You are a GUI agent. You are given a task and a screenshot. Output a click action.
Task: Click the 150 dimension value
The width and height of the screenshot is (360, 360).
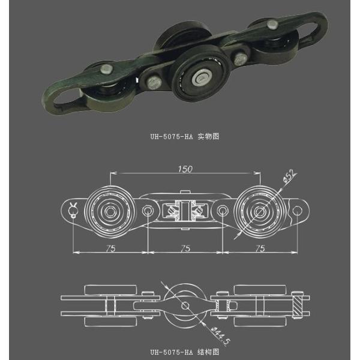point(185,170)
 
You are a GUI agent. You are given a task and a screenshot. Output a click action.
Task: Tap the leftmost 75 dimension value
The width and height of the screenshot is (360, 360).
point(110,247)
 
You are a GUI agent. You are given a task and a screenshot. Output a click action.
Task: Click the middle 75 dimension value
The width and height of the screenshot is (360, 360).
point(185,247)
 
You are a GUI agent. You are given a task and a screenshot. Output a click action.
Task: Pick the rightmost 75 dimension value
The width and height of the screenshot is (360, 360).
point(260,247)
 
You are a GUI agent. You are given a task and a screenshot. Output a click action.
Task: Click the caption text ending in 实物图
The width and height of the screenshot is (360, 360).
point(184,136)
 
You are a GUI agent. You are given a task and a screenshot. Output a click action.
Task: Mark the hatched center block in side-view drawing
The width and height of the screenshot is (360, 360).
point(185,211)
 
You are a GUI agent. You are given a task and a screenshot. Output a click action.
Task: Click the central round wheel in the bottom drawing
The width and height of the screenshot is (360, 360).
point(184,306)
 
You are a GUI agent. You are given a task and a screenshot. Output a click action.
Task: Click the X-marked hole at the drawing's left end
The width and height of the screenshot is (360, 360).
point(74,209)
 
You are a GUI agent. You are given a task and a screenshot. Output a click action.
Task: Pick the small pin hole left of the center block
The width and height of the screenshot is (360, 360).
point(148,211)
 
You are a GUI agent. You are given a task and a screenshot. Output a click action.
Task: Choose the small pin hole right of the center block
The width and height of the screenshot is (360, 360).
point(223,211)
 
